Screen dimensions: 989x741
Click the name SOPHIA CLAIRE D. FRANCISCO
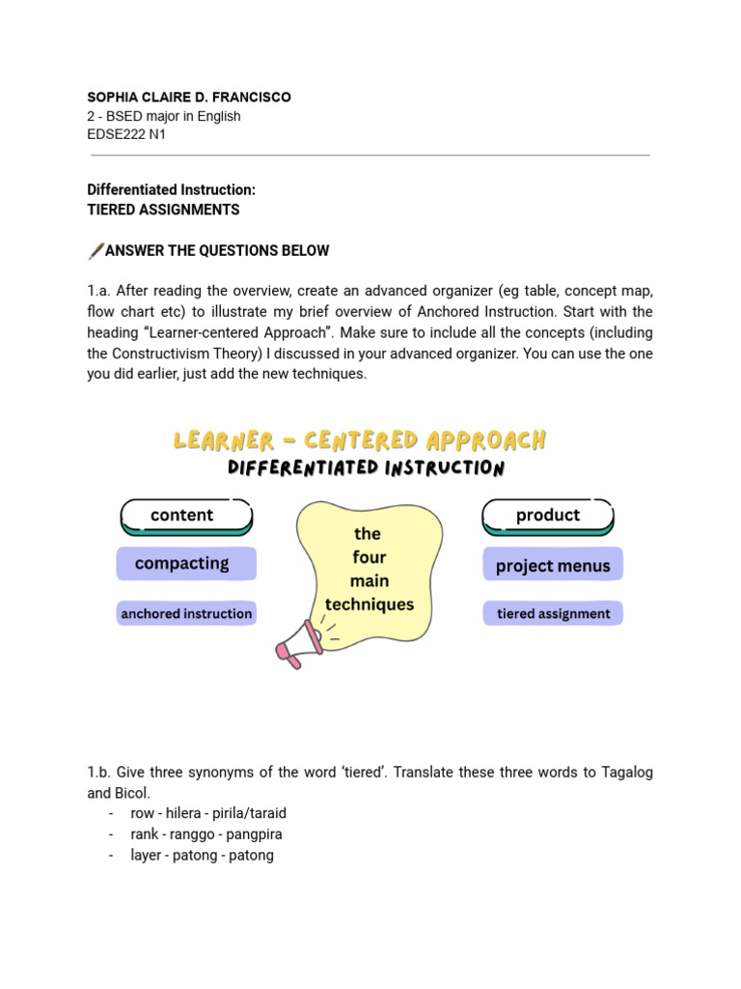coord(189,98)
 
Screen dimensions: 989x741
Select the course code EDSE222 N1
coord(126,134)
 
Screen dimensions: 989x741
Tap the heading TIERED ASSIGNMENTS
coord(163,210)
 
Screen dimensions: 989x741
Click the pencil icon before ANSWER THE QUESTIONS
coord(96,251)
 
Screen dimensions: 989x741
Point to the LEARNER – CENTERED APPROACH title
coord(360,441)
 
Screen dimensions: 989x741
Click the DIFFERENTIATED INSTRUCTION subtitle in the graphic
coord(366,468)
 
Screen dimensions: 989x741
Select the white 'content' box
coord(186,516)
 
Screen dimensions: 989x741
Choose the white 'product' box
coord(547,516)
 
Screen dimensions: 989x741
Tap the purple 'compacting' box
coord(186,563)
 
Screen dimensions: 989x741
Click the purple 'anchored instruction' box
coord(186,613)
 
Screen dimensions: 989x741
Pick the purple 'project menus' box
coord(553,566)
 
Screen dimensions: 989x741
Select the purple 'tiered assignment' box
coord(553,613)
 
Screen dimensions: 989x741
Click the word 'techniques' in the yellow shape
coord(369,605)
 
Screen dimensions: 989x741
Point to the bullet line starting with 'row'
coord(207,813)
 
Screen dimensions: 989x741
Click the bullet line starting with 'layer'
coord(202,856)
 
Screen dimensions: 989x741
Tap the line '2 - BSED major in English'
coord(164,116)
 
